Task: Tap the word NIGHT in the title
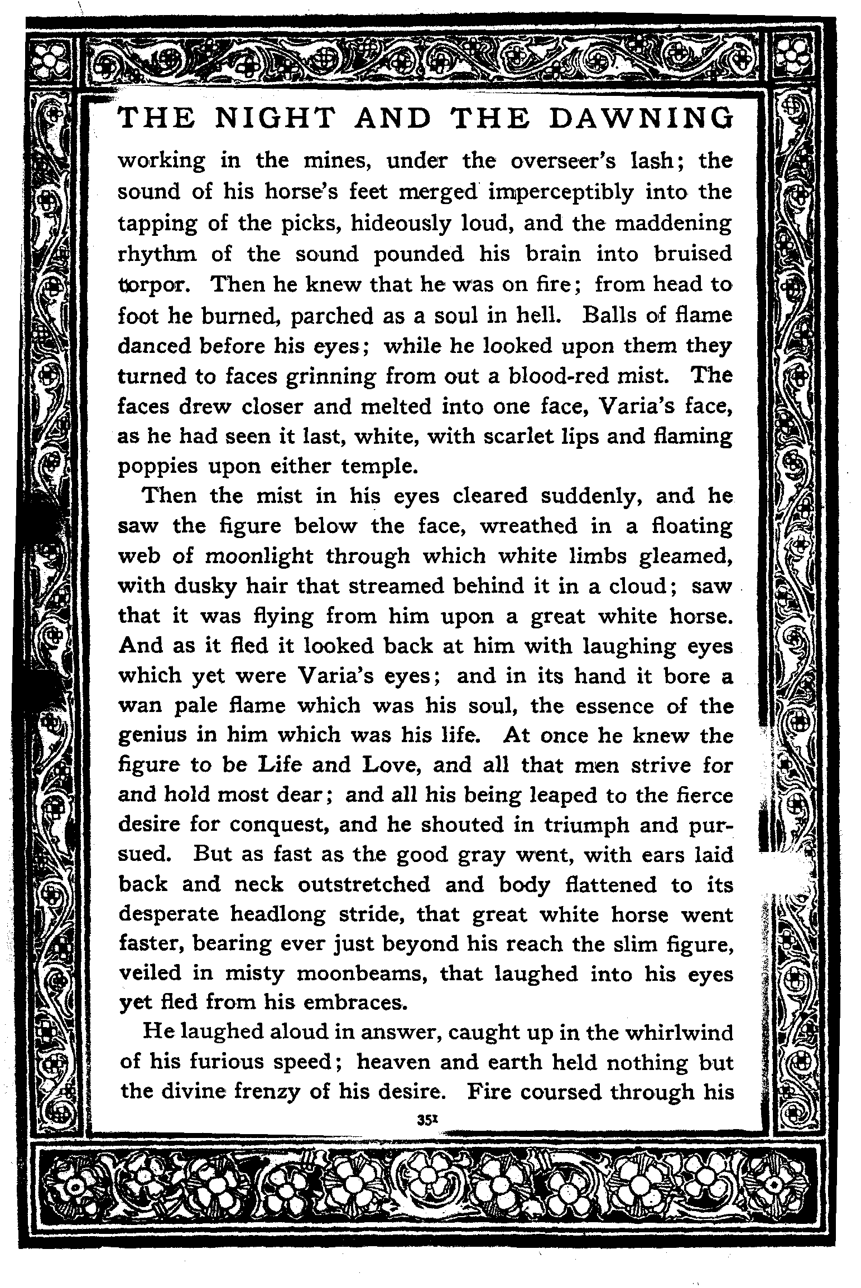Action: pos(276,118)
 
